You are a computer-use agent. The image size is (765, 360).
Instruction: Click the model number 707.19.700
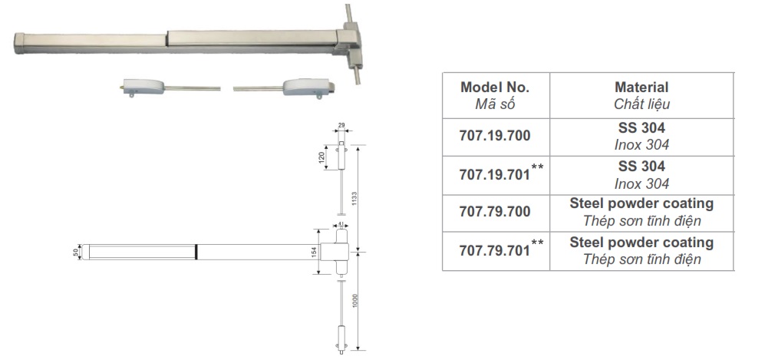495,136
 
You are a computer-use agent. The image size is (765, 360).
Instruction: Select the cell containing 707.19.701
496,176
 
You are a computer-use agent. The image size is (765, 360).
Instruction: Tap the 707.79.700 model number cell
496,213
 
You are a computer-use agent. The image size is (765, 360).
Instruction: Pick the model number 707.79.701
495,251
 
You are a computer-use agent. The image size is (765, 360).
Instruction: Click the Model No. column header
496,95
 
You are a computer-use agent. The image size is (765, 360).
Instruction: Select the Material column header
641,95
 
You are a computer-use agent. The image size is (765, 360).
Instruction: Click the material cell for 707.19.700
641,137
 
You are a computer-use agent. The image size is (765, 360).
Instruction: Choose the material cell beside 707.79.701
641,251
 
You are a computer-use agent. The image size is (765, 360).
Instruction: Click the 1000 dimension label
354,300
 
